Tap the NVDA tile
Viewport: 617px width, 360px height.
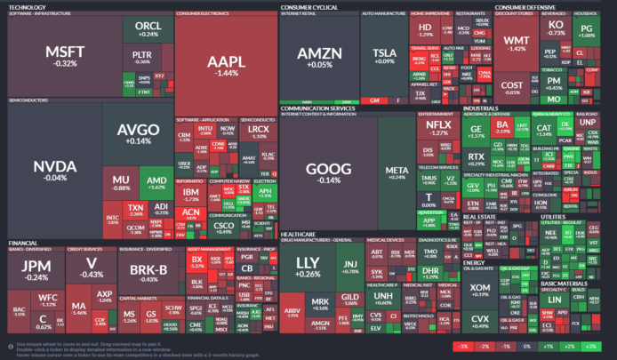pyautogui.click(x=50, y=171)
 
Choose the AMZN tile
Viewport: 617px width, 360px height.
pyautogui.click(x=313, y=57)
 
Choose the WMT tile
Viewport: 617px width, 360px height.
pyautogui.click(x=515, y=45)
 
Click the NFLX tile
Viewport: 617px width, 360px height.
pyautogui.click(x=437, y=130)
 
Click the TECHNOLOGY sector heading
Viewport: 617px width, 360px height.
pyautogui.click(x=26, y=6)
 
